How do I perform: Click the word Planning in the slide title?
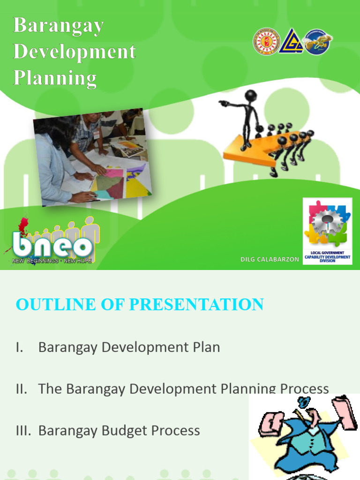click(55, 78)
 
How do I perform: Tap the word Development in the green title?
click(75, 52)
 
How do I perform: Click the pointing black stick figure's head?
click(251, 96)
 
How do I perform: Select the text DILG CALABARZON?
click(269, 259)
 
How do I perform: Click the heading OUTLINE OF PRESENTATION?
click(140, 304)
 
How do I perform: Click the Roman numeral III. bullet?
click(23, 431)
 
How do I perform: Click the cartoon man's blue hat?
click(303, 402)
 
